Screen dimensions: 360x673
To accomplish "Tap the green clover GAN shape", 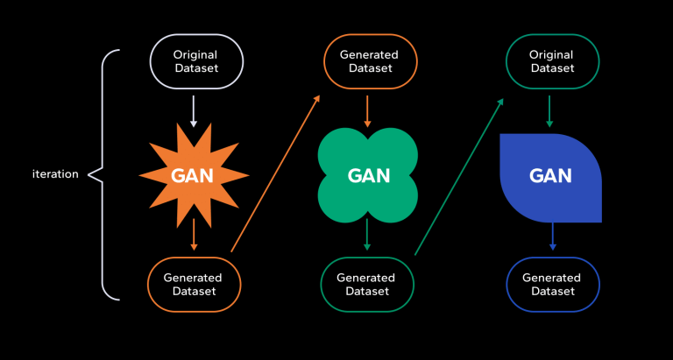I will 368,175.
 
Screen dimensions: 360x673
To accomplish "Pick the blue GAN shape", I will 550,177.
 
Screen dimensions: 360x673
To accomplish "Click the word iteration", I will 55,174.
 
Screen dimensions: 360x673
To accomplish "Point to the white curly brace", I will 103,174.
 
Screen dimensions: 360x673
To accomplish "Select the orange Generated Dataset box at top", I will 368,61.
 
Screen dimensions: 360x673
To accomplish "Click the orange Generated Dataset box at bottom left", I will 194,285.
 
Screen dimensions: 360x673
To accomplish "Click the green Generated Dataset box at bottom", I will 368,285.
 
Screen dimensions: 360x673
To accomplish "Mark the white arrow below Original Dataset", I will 194,109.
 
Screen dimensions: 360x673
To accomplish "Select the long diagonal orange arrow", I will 274,174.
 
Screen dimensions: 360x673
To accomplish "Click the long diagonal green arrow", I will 458,175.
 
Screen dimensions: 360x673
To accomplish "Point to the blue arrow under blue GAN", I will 551,236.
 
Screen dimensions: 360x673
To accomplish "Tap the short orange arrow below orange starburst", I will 194,235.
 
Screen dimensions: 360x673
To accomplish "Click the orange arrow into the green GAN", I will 368,109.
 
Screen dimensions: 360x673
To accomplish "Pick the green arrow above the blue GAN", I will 550,109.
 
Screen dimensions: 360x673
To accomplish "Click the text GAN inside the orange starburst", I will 194,174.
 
